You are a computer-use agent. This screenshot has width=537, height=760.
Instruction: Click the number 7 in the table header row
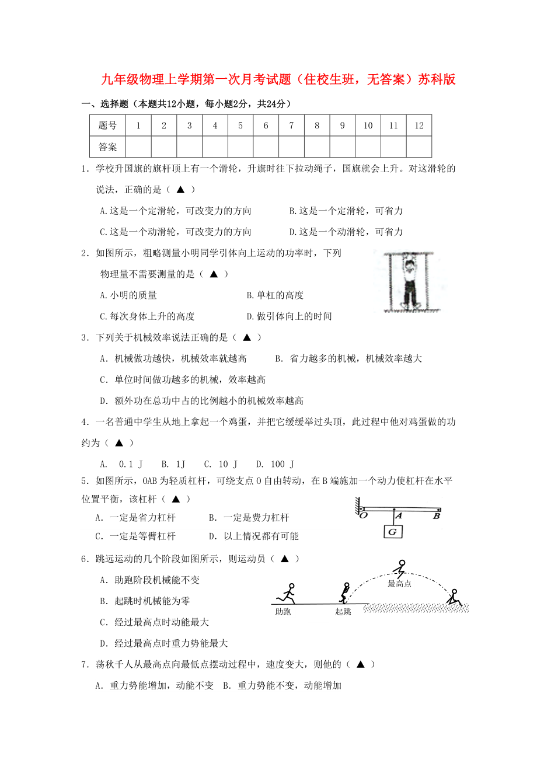(x=291, y=125)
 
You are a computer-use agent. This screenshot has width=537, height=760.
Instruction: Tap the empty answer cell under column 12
(x=419, y=147)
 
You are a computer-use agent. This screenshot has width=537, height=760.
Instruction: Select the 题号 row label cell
(x=107, y=125)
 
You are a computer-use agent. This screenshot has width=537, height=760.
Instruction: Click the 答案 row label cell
(x=107, y=147)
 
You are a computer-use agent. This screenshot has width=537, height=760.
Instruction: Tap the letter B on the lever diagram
(x=436, y=516)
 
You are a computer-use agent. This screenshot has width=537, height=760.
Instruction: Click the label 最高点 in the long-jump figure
(x=399, y=583)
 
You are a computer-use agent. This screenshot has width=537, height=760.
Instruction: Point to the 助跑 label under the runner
(x=283, y=612)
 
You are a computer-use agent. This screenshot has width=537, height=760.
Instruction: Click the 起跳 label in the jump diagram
(x=343, y=612)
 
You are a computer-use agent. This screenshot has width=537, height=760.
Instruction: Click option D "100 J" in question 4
(x=275, y=464)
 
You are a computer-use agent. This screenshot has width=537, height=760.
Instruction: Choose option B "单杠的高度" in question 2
(x=275, y=295)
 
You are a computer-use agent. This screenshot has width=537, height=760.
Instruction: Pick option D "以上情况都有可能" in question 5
(x=253, y=536)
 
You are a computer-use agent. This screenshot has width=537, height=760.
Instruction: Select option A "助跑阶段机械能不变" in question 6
(x=150, y=580)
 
